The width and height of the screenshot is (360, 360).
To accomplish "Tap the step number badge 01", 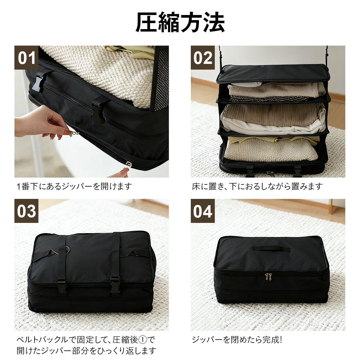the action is pyautogui.click(x=26, y=58).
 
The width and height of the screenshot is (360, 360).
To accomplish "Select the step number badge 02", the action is pyautogui.click(x=203, y=58).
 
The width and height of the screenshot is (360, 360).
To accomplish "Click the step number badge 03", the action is pyautogui.click(x=26, y=211).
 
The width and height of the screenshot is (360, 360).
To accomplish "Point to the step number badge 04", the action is pyautogui.click(x=203, y=211).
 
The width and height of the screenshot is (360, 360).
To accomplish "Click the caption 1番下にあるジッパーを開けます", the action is pyautogui.click(x=74, y=186).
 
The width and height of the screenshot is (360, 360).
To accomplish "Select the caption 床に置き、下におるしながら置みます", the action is pyautogui.click(x=257, y=186).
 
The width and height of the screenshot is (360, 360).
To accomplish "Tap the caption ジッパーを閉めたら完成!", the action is pyautogui.click(x=237, y=340).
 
